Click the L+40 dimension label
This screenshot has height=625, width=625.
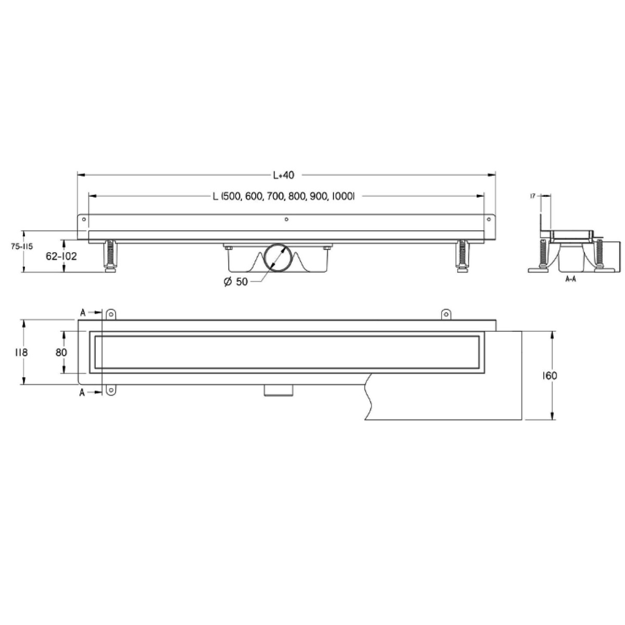tap(284, 175)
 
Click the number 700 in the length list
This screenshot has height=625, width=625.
tap(276, 196)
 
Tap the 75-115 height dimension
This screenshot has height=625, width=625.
tap(22, 247)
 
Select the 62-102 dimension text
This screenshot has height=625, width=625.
tap(61, 257)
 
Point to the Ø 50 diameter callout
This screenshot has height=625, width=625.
tap(236, 282)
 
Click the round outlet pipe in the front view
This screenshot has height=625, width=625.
tap(277, 257)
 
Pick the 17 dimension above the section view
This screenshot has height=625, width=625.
tap(533, 196)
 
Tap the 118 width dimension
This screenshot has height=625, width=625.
tap(21, 352)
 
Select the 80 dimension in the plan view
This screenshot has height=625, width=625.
tap(61, 352)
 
